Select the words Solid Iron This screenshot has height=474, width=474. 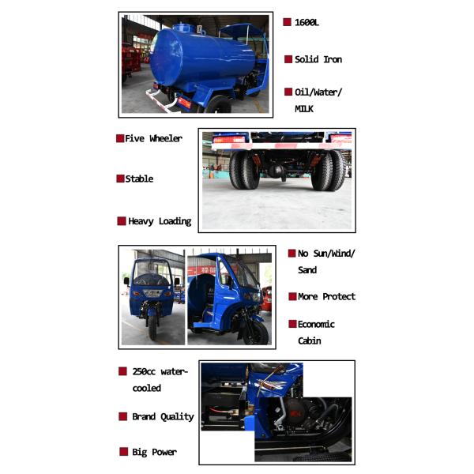click(318, 59)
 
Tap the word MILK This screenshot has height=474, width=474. click(304, 109)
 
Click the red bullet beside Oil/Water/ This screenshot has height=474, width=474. click(288, 92)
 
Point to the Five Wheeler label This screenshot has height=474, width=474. click(153, 138)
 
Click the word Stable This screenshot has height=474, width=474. click(139, 179)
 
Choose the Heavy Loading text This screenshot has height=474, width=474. click(160, 221)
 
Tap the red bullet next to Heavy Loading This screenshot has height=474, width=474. click(122, 221)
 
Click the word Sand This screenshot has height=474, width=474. click(307, 270)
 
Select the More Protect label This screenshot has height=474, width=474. click(326, 297)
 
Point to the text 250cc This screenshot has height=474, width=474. click(144, 371)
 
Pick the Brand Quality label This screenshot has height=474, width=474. click(162, 416)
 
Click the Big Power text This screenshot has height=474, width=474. click(154, 452)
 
